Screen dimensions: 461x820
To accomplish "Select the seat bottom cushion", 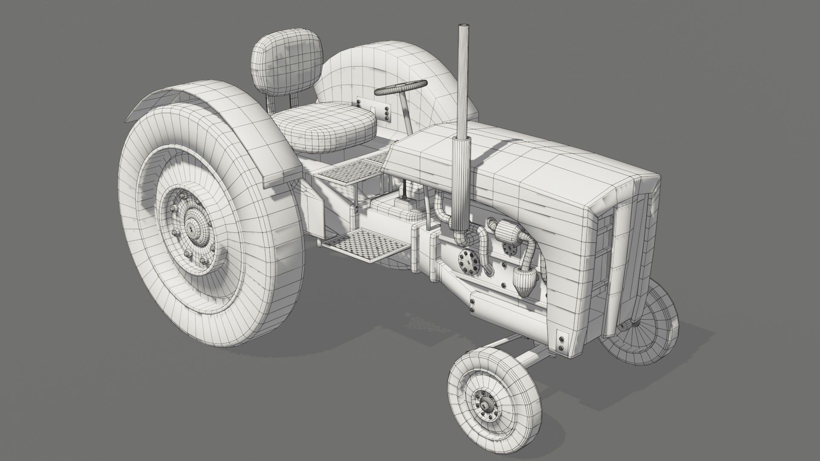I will pyautogui.click(x=325, y=128).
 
